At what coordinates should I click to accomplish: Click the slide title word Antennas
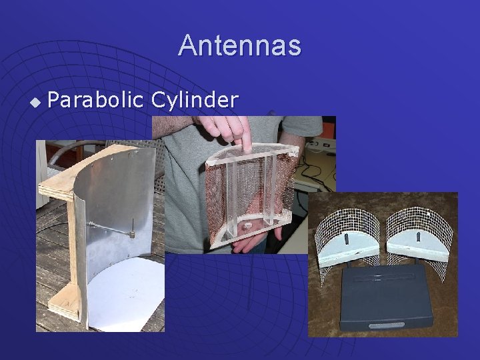tap(239, 46)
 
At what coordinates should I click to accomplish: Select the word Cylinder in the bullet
tap(194, 101)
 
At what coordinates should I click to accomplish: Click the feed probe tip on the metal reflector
tap(133, 234)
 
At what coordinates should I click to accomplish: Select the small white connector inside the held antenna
tap(247, 226)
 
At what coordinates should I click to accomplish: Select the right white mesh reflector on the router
tap(420, 227)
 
